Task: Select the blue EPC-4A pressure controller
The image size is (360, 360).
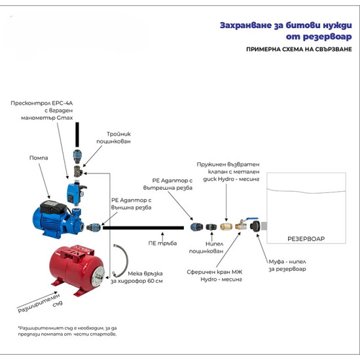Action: [x=75, y=193]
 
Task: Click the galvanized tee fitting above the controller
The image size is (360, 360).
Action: [x=78, y=171]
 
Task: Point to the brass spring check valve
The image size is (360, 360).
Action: [x=226, y=226]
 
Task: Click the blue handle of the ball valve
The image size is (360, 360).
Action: [x=252, y=219]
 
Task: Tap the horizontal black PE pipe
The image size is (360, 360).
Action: [x=143, y=228]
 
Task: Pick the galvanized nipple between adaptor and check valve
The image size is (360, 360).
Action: [x=211, y=227]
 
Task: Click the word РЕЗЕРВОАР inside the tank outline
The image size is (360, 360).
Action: [x=306, y=239]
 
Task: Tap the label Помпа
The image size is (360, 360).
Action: [x=39, y=158]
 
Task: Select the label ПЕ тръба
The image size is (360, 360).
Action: [x=162, y=243]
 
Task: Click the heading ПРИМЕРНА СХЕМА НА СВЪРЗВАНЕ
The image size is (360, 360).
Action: [x=299, y=49]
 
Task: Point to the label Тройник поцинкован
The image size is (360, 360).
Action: [x=113, y=137]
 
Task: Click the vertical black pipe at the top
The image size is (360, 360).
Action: [x=77, y=135]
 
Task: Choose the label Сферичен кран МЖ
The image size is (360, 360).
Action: [x=215, y=272]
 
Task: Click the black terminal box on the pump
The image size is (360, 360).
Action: [x=53, y=207]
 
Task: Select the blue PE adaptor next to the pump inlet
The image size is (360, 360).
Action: [x=94, y=227]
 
